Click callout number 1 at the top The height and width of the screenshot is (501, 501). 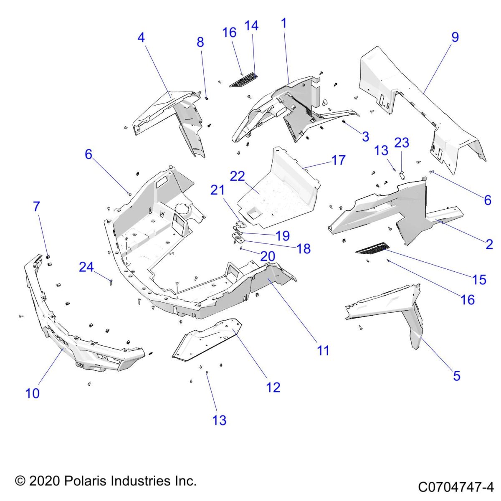click(284, 23)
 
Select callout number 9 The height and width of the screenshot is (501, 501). click(455, 37)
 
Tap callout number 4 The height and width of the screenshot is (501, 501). click(141, 38)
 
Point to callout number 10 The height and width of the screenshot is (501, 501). click(33, 393)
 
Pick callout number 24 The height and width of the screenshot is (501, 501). click(86, 267)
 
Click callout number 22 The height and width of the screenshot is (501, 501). click(237, 176)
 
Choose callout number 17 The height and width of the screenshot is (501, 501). click(339, 160)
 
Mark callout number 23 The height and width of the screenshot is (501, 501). click(402, 143)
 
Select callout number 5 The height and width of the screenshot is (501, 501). click(456, 376)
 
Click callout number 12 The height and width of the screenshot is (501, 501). click(273, 387)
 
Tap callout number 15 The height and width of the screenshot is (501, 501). click(480, 279)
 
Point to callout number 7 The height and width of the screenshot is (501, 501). click(36, 206)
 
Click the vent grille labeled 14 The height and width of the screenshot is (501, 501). click(243, 79)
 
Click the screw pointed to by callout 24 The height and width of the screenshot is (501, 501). click(111, 282)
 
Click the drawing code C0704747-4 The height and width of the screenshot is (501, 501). click(456, 487)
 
